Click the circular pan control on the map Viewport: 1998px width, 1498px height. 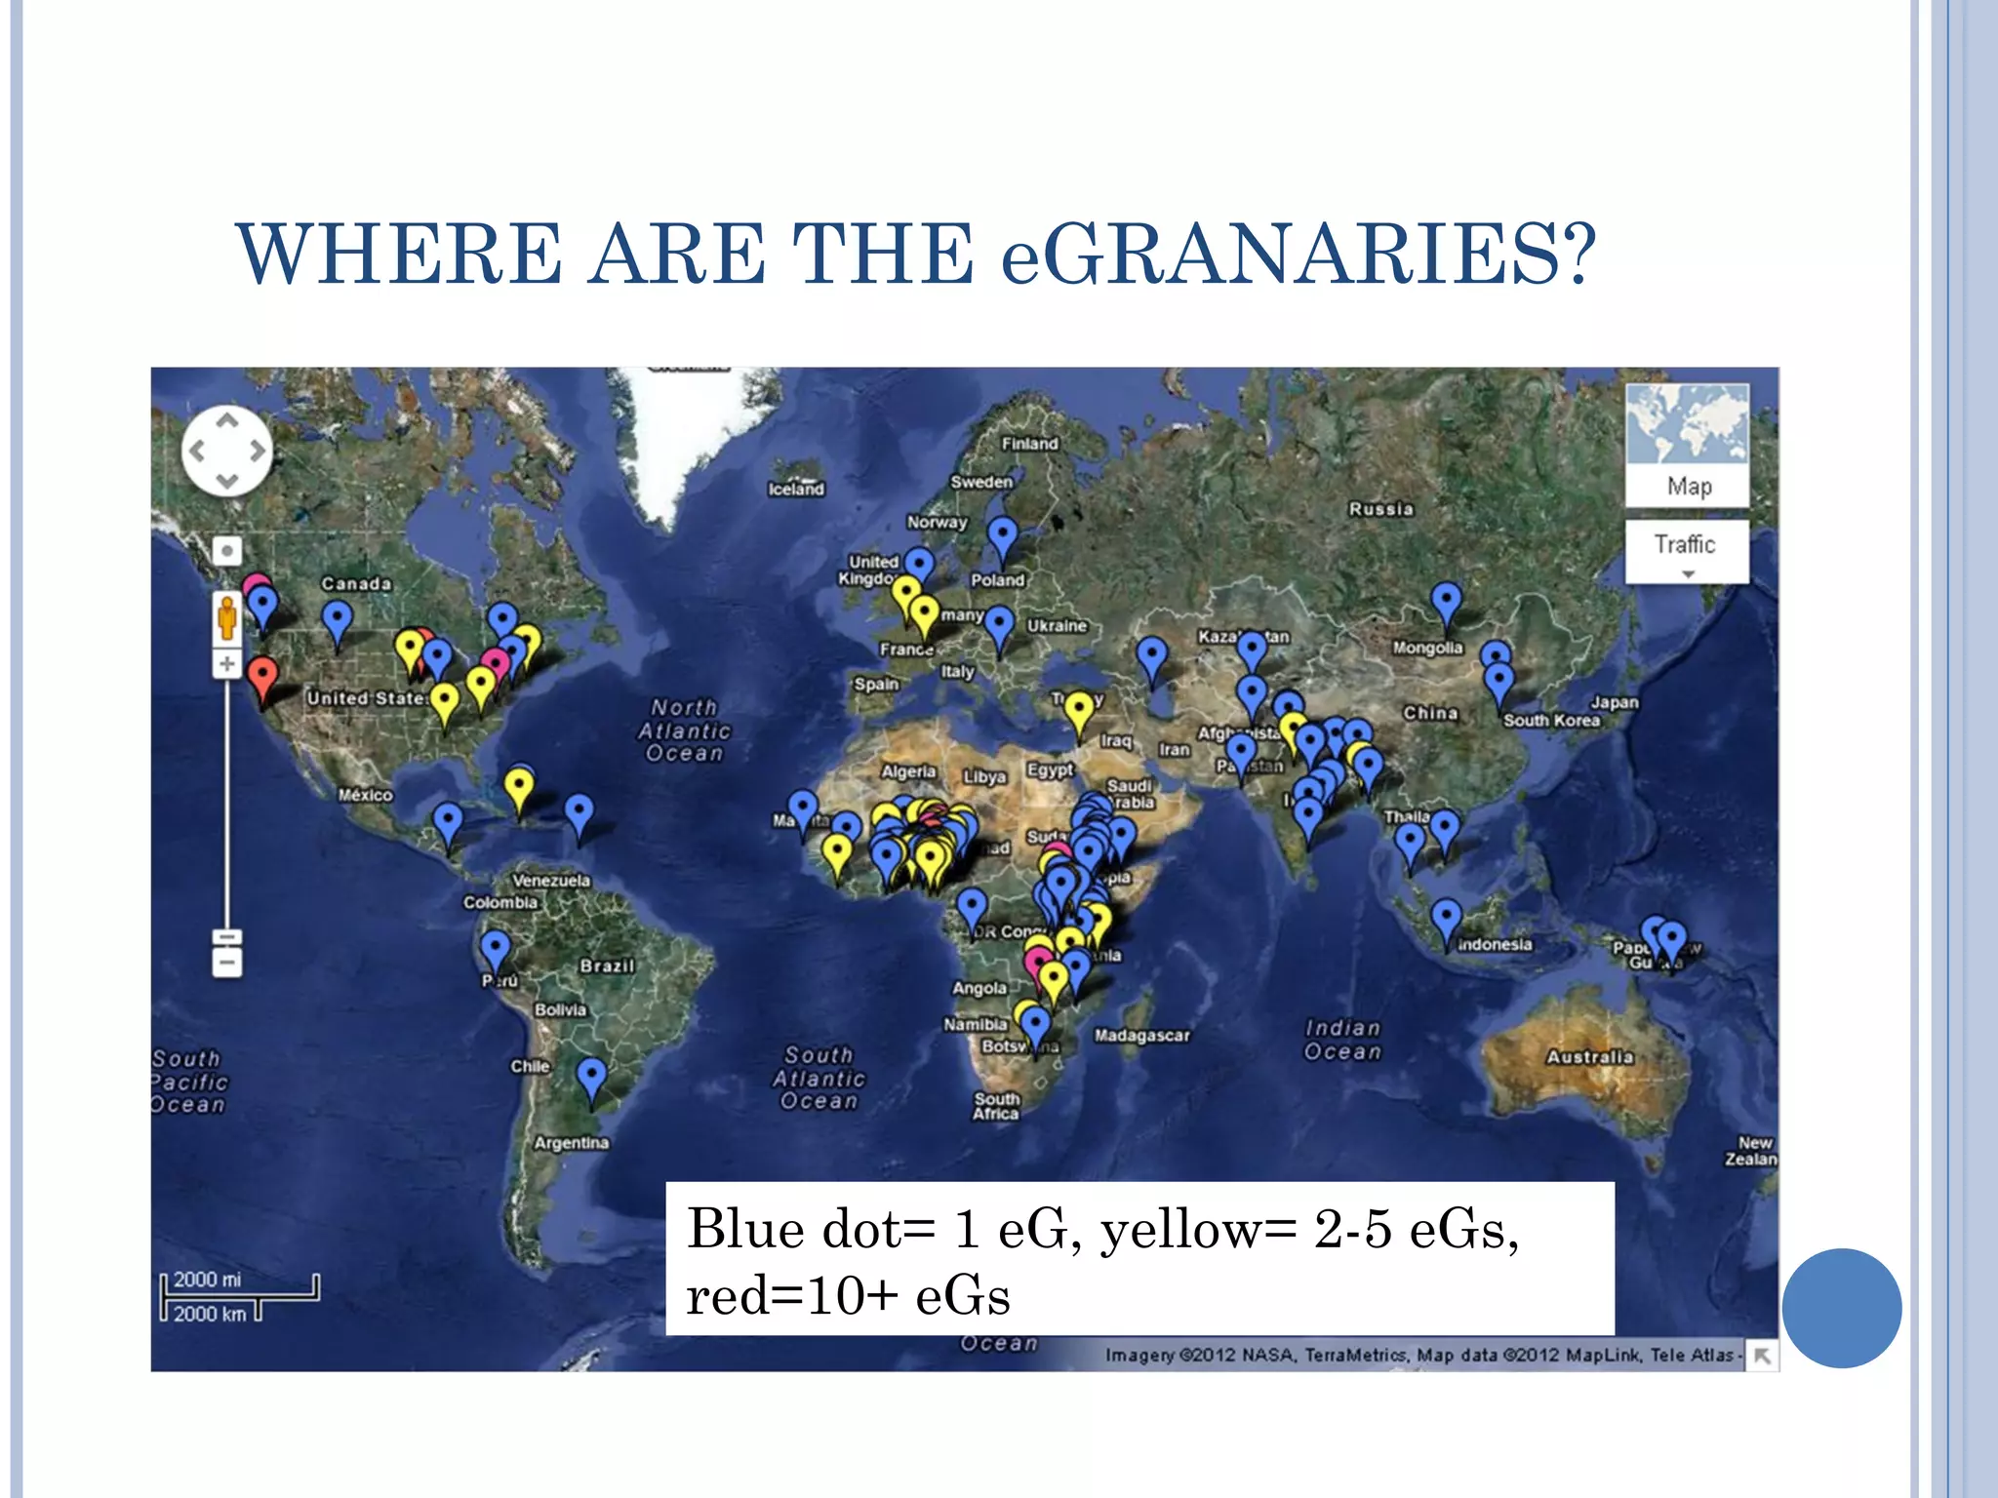pos(226,451)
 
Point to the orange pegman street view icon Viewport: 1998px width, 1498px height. pos(226,619)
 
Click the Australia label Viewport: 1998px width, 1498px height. pos(1589,1057)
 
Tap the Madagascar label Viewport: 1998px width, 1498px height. pos(1141,1036)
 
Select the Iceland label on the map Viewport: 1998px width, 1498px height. pos(796,490)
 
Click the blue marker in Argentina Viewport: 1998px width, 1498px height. pos(591,1079)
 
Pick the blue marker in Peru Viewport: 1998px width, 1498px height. pos(496,947)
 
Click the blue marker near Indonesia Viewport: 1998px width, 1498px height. pos(1446,919)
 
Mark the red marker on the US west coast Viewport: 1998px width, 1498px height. pos(261,675)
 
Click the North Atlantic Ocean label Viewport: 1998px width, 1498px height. pos(685,730)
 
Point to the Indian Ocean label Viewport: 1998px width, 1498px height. pos(1343,1040)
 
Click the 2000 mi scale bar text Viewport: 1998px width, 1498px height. pos(207,1280)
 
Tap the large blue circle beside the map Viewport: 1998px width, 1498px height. pos(1841,1308)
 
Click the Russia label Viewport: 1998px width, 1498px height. pos(1380,509)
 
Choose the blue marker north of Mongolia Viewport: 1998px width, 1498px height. pos(1446,600)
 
